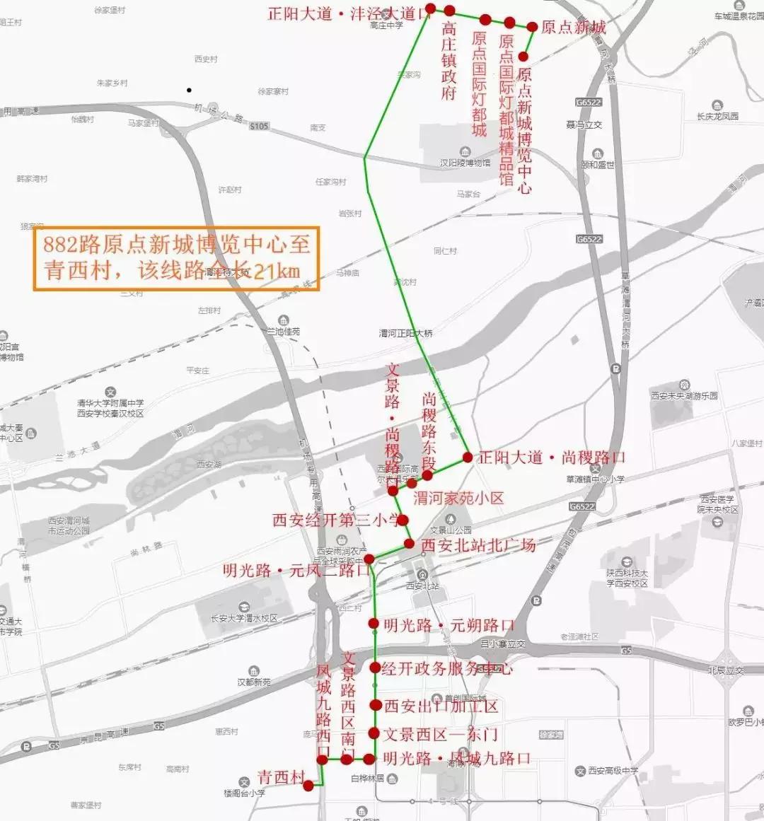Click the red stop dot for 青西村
point(308,785)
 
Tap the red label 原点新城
point(574,28)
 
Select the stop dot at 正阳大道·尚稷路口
point(468,458)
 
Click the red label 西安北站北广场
point(478,545)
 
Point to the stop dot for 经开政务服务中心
point(376,668)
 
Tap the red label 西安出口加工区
point(441,706)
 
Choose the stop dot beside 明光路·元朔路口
point(374,624)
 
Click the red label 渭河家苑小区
point(458,499)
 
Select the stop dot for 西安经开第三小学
point(403,520)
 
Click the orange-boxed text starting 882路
point(176,258)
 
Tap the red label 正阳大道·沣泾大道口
point(349,13)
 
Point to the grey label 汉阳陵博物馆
point(465,163)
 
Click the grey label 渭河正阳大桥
point(405,333)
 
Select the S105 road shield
point(259,126)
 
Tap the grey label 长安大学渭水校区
point(244,618)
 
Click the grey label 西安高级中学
point(613,771)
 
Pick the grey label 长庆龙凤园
point(717,116)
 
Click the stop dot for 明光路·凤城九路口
point(369,759)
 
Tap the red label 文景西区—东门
point(440,734)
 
